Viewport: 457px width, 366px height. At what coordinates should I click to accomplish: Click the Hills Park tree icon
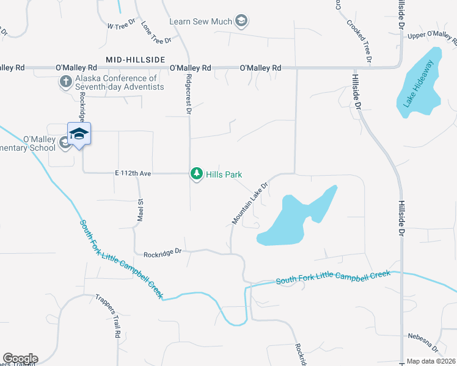point(197,174)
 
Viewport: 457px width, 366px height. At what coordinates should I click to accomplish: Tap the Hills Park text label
point(224,174)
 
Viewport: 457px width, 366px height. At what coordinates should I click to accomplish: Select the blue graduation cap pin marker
point(79,134)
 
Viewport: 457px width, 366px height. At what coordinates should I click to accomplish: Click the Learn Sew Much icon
point(241,22)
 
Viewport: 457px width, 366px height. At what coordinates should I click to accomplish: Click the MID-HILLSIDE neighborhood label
point(136,59)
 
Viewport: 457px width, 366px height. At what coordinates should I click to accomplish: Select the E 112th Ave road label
point(133,174)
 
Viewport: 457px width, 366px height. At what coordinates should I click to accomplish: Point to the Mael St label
point(140,210)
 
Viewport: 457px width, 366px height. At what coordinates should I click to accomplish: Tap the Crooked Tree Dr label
point(359,41)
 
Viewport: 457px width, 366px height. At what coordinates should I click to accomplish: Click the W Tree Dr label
point(120,26)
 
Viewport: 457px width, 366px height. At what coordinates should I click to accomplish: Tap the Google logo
point(20,359)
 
